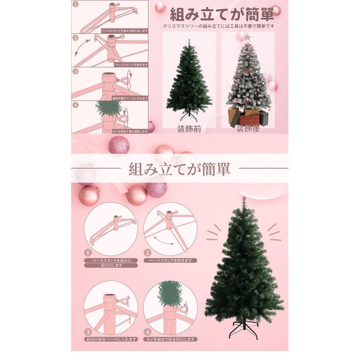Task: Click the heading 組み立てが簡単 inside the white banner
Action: [x=180, y=168]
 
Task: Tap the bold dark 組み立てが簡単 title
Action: [x=222, y=15]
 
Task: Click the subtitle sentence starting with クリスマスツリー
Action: [x=219, y=26]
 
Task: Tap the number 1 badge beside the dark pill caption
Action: [x=88, y=253]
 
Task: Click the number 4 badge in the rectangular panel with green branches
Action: [x=75, y=105]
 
